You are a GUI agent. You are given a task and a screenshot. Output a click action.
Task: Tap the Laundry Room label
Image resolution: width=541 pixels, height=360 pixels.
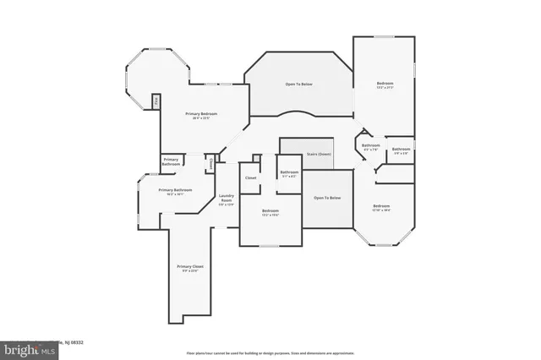click(x=226, y=199)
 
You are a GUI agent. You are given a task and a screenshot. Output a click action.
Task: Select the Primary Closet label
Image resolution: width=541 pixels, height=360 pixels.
click(x=190, y=267)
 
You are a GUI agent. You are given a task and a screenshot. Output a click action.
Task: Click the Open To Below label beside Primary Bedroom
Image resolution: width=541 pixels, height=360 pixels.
click(x=300, y=84)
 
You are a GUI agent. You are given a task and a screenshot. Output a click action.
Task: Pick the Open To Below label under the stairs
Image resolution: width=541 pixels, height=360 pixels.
click(x=327, y=198)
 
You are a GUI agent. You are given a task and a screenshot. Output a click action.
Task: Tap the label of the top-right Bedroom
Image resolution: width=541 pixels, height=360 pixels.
click(x=385, y=84)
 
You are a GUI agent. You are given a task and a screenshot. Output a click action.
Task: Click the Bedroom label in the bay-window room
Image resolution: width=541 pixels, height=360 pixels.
click(x=382, y=206)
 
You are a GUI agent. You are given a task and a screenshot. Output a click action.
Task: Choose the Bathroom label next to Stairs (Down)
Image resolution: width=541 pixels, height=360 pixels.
click(x=289, y=173)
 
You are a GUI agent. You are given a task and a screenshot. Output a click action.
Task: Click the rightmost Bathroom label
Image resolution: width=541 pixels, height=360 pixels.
click(x=401, y=150)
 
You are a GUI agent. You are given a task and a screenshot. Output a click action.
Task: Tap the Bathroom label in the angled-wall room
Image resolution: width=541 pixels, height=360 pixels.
click(x=371, y=146)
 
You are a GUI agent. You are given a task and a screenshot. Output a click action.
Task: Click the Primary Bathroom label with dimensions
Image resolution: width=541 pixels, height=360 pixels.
click(x=176, y=191)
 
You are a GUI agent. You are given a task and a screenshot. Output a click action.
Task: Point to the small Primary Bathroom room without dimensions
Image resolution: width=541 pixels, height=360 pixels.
click(x=171, y=161)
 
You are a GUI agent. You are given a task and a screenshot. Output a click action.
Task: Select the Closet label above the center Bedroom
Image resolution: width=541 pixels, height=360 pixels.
click(x=251, y=177)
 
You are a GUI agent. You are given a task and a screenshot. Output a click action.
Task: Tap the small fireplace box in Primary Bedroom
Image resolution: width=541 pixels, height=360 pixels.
click(x=156, y=101)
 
